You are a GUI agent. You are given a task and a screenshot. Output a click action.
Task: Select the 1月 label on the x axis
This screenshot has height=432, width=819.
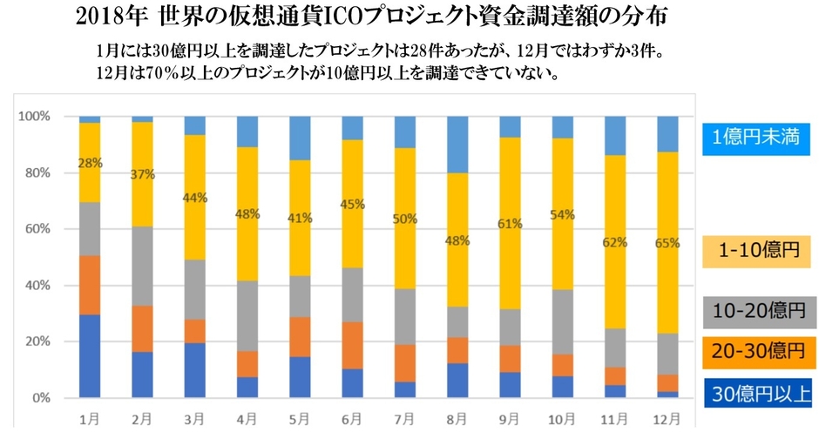90,417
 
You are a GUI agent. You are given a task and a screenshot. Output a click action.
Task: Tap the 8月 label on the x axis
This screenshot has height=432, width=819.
457,417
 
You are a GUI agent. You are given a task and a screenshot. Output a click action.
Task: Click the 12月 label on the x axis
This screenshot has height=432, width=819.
667,417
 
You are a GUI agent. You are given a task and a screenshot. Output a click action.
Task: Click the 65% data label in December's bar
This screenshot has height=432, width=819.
667,243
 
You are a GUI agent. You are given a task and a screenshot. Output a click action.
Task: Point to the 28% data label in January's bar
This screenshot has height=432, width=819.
91,162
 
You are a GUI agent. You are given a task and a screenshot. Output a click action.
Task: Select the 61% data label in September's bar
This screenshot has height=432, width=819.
510,224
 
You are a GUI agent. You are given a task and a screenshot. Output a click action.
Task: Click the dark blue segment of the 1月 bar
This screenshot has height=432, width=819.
90,357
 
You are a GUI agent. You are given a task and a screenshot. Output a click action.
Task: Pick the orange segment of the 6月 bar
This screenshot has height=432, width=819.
352,346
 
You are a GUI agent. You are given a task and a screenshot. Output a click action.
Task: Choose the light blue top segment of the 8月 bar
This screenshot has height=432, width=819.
457,145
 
